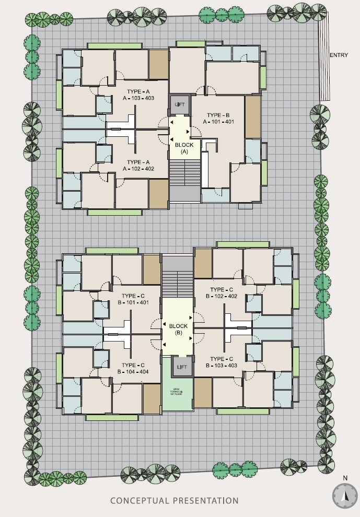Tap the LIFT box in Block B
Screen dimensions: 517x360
(x=182, y=367)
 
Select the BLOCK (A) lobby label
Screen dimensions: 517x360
(x=184, y=148)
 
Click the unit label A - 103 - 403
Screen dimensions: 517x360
(x=138, y=98)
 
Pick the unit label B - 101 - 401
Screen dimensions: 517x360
(x=133, y=302)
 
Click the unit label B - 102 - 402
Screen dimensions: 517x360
(x=222, y=296)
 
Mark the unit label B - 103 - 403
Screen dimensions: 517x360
(x=222, y=366)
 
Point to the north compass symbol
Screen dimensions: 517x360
(x=345, y=496)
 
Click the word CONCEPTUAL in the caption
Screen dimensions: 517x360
(x=140, y=501)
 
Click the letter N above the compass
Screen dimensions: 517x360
(x=345, y=478)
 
